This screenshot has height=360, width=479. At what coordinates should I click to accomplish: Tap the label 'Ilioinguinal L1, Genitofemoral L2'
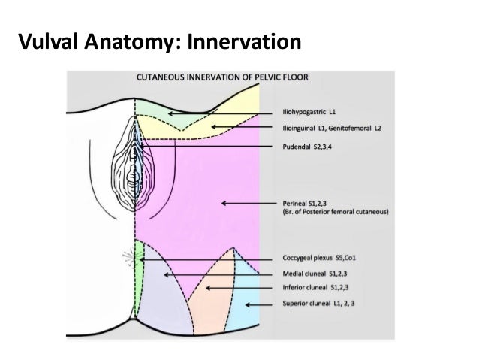coord(331,129)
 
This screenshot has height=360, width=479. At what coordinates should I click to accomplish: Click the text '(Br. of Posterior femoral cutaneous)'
coord(334,213)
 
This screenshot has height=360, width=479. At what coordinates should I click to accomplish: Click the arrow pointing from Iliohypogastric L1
coord(218,113)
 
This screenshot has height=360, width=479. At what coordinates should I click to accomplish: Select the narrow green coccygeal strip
coord(139,256)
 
